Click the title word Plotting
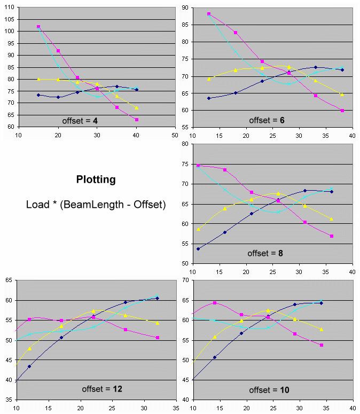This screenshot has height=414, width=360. [96, 179]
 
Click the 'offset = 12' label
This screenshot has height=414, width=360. [102, 389]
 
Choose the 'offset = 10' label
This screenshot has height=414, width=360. [269, 389]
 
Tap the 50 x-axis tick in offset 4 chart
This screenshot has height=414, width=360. [175, 134]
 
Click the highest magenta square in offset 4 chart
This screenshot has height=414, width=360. [38, 27]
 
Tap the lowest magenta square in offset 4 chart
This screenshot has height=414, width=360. [137, 120]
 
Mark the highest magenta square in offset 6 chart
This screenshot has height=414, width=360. [209, 14]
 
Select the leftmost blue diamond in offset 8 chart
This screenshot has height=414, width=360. [198, 249]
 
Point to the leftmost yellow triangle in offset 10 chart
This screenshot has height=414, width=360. [215, 337]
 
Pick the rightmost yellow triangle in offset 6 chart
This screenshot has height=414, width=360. [342, 95]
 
